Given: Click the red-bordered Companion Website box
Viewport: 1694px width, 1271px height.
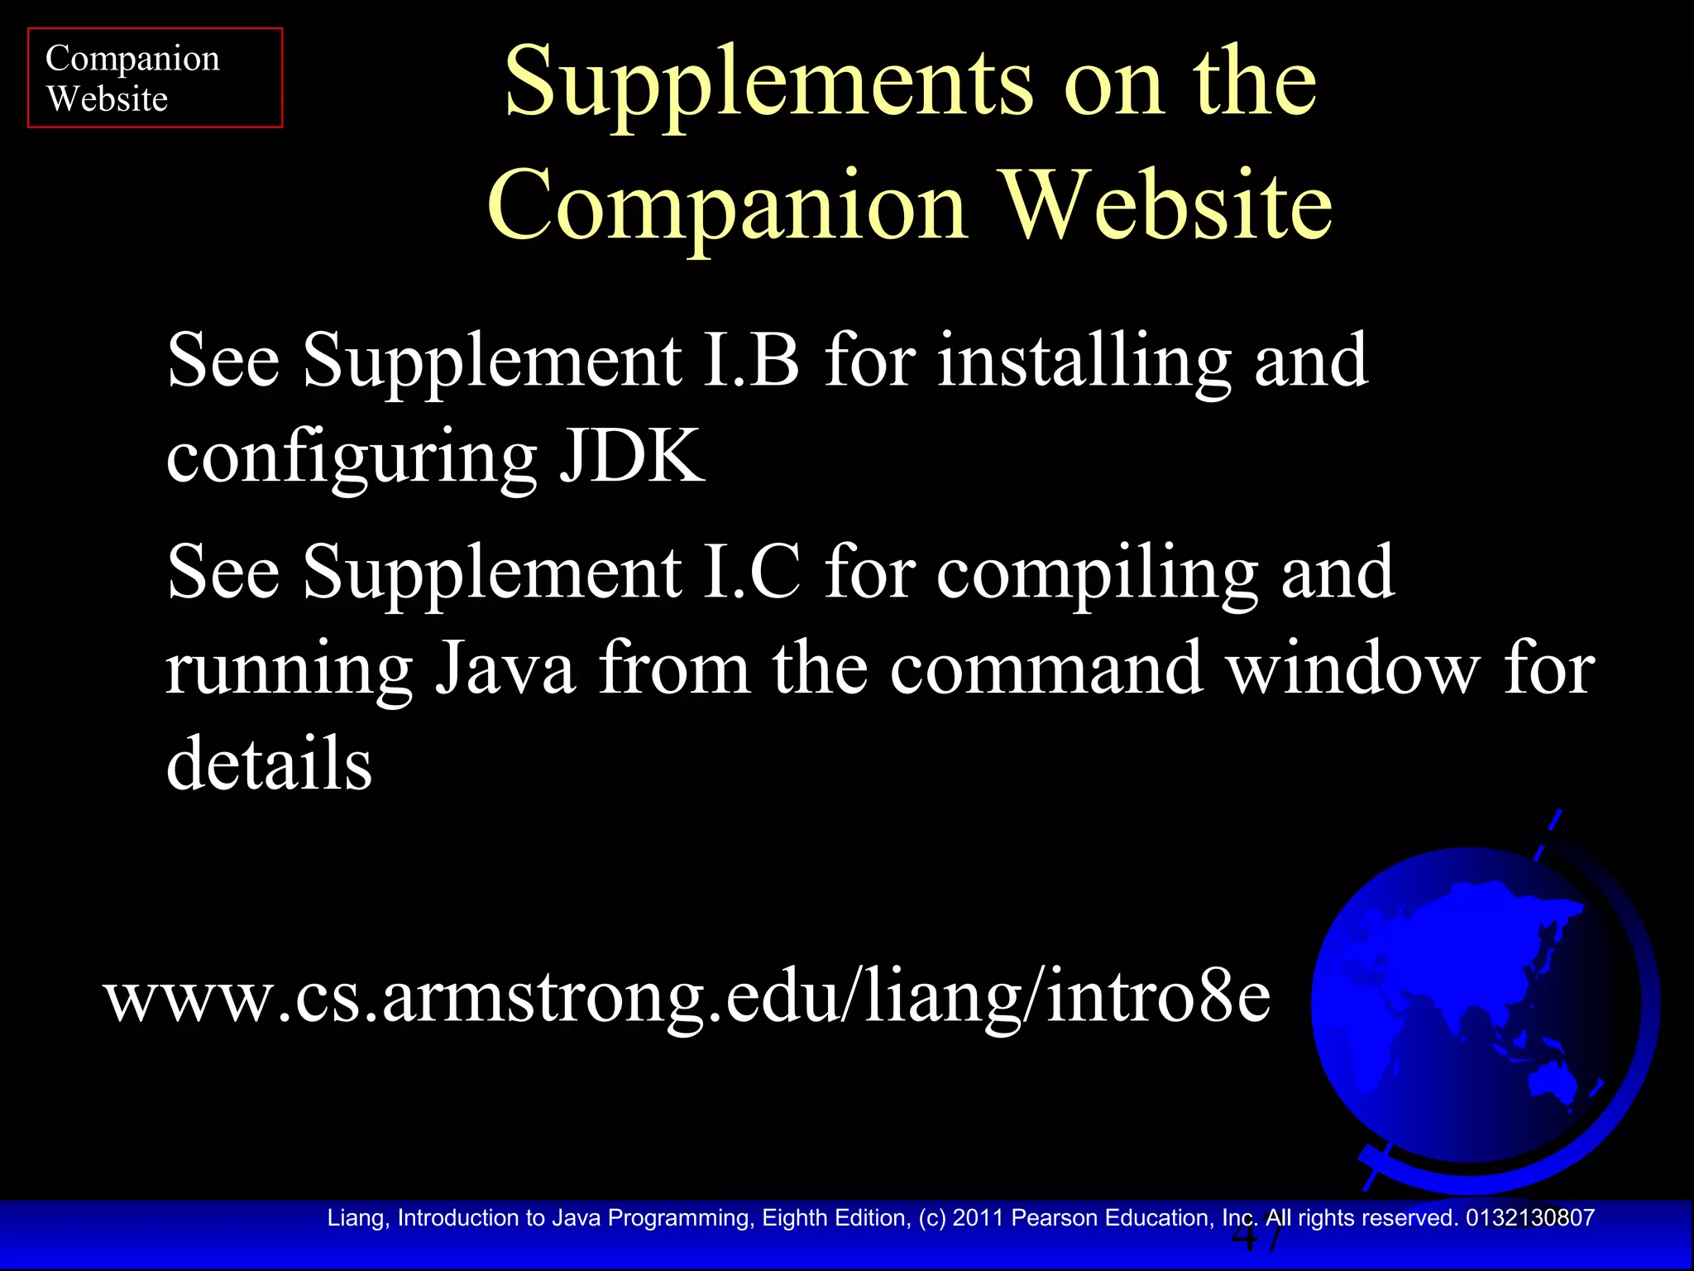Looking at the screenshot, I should point(155,78).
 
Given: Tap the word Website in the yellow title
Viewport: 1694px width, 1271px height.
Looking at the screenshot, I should point(1167,205).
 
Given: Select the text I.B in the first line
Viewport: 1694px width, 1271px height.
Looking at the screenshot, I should point(751,360).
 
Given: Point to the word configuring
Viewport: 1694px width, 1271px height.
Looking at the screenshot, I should point(352,458).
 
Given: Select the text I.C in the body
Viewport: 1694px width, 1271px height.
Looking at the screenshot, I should point(751,572).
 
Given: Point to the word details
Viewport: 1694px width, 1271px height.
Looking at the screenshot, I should point(269,762).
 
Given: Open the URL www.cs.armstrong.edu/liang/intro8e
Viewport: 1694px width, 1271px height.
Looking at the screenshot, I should point(687,996).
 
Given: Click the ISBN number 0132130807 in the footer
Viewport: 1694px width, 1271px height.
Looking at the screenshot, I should point(1529,1218).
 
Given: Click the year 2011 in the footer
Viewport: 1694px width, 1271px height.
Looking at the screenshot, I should point(978,1218).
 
